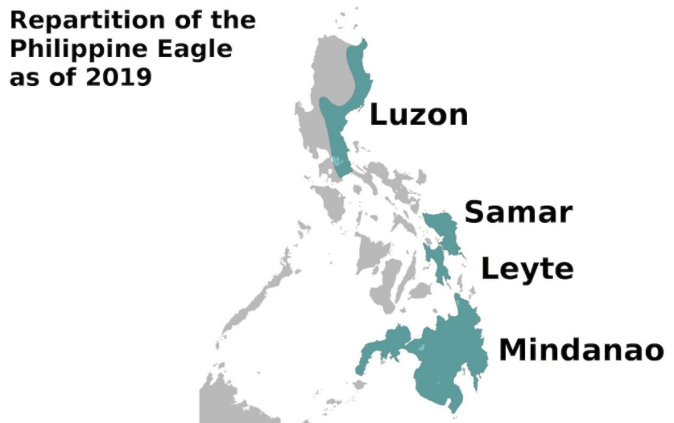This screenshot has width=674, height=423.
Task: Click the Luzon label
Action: click(x=418, y=114)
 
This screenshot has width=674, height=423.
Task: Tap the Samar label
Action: click(x=519, y=213)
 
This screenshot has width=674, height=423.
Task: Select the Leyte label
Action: click(x=527, y=269)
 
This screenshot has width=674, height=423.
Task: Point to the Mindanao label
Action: click(x=581, y=351)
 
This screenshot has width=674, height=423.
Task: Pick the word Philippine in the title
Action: click(x=81, y=49)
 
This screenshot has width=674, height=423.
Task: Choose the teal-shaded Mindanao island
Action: click(x=447, y=354)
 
